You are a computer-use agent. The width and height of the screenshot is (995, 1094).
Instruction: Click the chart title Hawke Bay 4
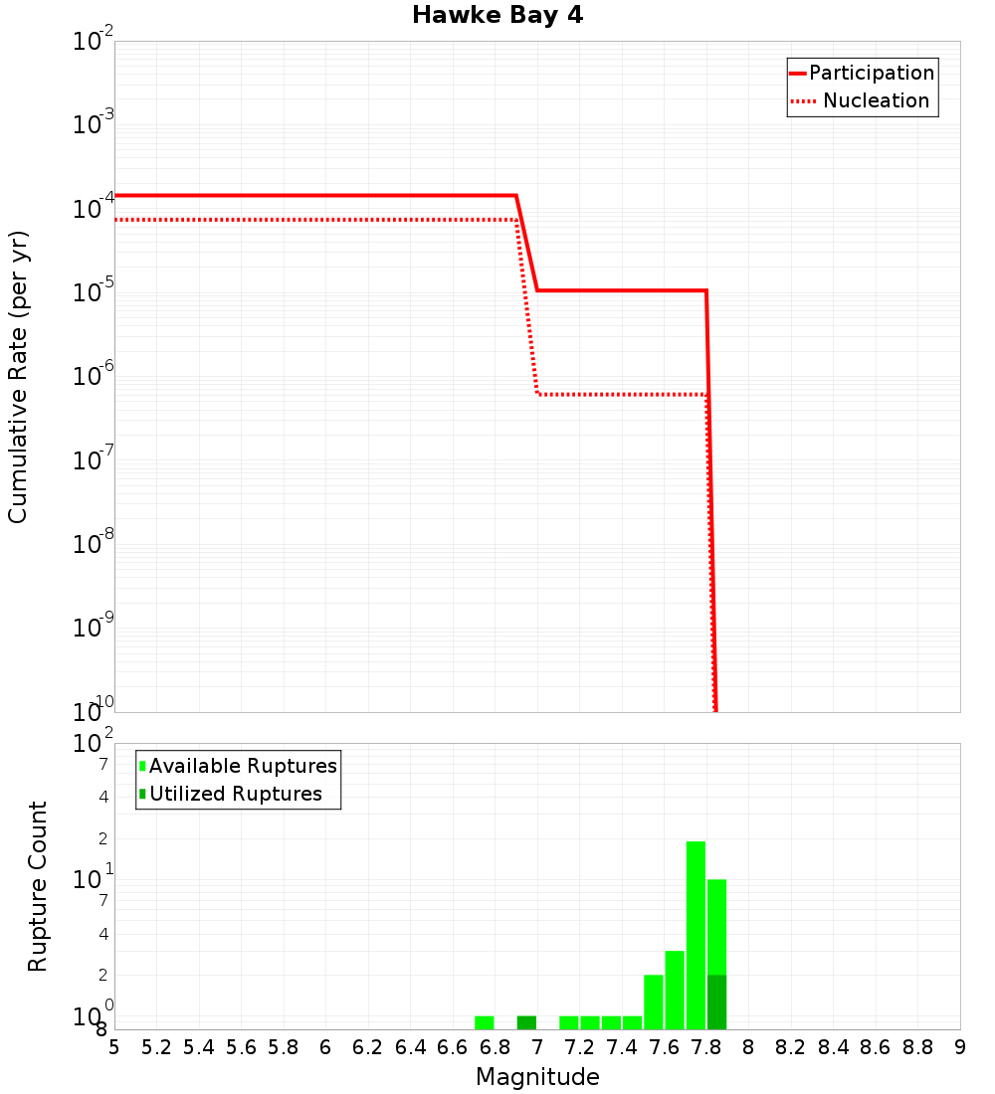point(497,16)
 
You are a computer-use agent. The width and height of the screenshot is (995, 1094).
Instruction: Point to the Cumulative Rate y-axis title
point(18,377)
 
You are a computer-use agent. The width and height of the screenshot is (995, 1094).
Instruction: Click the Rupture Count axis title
point(38,885)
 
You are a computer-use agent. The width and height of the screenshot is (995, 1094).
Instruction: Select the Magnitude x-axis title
point(537,1077)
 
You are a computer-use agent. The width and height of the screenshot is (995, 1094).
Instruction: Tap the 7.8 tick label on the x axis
point(706,1047)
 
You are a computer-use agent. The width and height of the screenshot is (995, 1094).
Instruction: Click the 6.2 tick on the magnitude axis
point(368,1047)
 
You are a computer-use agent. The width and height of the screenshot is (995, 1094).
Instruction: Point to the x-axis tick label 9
point(960,1047)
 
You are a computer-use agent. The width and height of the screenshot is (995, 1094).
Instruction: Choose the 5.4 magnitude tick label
point(199,1047)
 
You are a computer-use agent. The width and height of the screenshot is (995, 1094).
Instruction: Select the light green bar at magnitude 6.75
point(485,1022)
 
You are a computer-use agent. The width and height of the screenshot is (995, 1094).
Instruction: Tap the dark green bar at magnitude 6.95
point(526,1022)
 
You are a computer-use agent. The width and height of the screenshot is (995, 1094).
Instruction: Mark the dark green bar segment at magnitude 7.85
point(716,1002)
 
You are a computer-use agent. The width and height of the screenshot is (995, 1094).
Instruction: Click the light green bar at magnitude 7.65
point(675,990)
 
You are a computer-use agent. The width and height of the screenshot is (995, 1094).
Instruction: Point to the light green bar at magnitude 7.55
point(654,1002)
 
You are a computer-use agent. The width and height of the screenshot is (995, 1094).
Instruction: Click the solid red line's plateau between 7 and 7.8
point(622,290)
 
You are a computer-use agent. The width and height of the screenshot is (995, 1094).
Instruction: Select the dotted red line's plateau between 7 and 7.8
point(622,395)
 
